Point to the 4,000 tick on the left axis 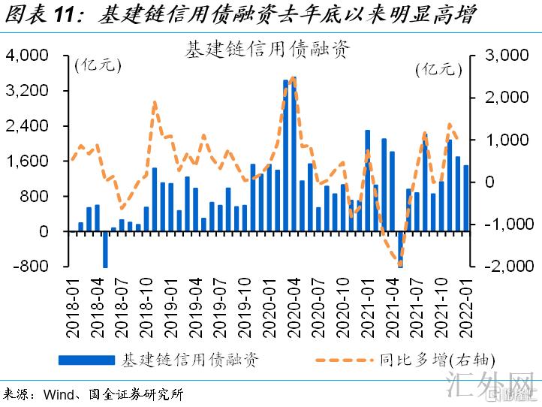(27, 56)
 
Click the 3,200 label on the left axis (27, 91)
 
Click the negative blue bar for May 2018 (106, 249)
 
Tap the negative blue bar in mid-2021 (400, 249)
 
